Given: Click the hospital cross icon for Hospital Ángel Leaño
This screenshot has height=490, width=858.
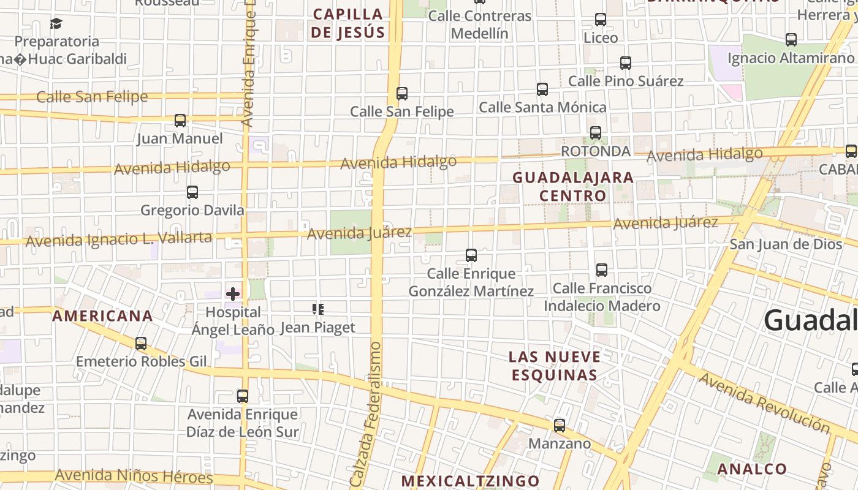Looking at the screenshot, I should [x=233, y=294].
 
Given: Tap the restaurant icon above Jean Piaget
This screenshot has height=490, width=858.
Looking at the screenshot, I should [x=317, y=309].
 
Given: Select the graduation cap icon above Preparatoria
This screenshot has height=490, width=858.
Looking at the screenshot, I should [x=56, y=24].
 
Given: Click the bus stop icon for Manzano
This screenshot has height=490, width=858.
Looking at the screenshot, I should [x=559, y=426].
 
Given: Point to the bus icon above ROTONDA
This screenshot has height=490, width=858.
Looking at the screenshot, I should [x=595, y=133].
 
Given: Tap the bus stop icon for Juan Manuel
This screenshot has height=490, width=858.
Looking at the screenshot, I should [x=180, y=121].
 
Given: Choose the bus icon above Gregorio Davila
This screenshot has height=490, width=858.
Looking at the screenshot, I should [x=192, y=192].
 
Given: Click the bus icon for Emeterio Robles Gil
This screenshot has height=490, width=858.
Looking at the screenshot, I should [x=141, y=344].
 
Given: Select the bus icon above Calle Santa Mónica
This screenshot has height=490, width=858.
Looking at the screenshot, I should [x=542, y=89].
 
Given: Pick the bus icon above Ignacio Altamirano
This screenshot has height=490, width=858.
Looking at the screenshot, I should [x=791, y=40].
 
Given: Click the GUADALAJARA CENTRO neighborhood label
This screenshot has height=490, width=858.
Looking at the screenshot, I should [x=573, y=186].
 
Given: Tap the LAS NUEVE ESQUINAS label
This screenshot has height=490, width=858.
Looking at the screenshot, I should [x=555, y=366].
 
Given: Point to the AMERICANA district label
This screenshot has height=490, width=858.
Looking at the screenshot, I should [x=102, y=316].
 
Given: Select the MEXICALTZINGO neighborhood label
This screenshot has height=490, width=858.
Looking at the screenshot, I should [x=470, y=481].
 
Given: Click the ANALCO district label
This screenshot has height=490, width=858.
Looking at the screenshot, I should [x=751, y=469].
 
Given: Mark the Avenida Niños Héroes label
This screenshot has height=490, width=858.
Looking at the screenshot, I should [x=134, y=476].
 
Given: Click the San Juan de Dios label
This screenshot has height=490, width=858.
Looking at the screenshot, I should [x=786, y=244].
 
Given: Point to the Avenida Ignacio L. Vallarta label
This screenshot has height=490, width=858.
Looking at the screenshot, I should [x=118, y=239].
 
